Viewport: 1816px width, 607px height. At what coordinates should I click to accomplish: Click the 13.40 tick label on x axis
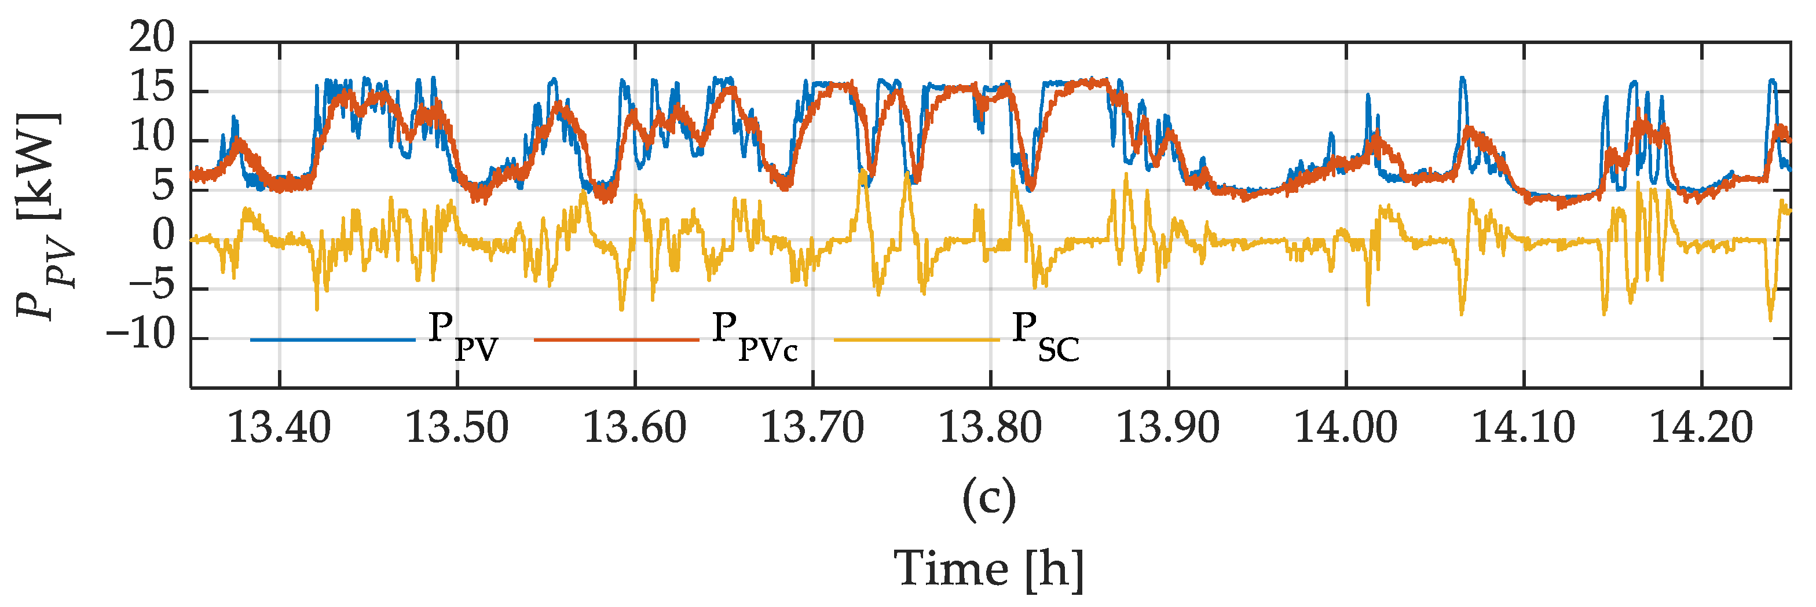tap(279, 428)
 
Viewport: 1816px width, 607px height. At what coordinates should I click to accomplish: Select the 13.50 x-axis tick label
tap(457, 428)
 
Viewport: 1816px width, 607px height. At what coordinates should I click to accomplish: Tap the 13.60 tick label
tap(635, 428)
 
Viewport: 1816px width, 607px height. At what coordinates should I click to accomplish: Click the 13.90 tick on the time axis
tap(1168, 428)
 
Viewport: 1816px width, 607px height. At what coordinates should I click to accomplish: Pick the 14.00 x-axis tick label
tap(1346, 428)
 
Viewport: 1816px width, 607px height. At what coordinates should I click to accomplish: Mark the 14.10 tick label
tap(1524, 428)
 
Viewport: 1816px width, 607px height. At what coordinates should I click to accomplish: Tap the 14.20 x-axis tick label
tap(1701, 428)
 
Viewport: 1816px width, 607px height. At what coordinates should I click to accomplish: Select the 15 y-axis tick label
tap(152, 88)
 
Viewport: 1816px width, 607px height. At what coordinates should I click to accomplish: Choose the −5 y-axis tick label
tap(152, 286)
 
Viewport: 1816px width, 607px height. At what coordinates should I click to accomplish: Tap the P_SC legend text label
tap(1045, 337)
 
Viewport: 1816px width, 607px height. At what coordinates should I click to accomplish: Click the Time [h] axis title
tap(989, 569)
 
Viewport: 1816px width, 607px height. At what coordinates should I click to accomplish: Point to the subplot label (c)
tap(989, 499)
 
